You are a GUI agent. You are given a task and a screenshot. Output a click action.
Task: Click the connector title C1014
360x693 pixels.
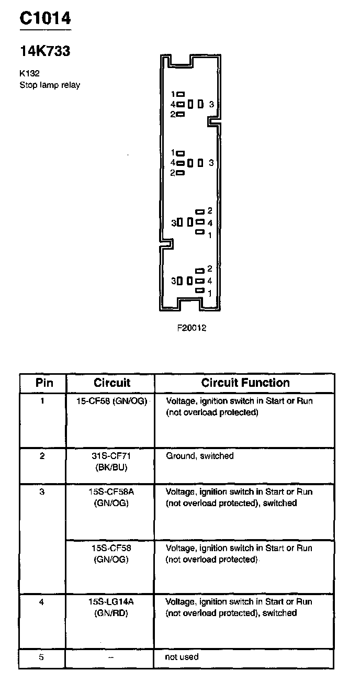[x=45, y=18]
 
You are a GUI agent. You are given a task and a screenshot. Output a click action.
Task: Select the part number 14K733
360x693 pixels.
[x=45, y=51]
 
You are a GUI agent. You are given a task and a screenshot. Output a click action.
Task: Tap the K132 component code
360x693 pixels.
[x=30, y=74]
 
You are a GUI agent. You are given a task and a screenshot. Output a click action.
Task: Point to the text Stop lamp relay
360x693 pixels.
[x=50, y=85]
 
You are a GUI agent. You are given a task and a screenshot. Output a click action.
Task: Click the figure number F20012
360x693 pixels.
[x=192, y=328]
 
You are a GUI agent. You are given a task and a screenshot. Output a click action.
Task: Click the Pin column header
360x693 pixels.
[x=44, y=383]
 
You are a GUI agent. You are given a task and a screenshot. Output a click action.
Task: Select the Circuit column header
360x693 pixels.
[x=111, y=383]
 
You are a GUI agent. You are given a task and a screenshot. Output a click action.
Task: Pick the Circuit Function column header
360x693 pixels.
[x=245, y=383]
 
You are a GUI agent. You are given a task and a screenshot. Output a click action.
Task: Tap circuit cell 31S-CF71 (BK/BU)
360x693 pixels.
[x=111, y=461]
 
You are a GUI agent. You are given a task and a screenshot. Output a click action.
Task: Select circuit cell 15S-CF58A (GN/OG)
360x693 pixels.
[x=111, y=497]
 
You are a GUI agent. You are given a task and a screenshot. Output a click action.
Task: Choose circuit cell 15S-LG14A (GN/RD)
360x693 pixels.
[x=111, y=607]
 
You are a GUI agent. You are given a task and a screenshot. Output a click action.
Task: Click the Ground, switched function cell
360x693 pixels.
[x=199, y=456]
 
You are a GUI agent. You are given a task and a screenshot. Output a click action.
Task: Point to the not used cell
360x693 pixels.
[x=182, y=657]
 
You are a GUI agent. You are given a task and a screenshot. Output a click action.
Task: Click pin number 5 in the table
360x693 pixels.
[x=42, y=657]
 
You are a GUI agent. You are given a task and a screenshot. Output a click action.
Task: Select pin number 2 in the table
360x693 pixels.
[x=42, y=456]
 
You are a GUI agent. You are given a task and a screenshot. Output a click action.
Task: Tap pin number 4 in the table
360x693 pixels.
[x=42, y=602]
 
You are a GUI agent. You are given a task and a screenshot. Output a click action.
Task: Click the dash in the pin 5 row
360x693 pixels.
[x=110, y=657]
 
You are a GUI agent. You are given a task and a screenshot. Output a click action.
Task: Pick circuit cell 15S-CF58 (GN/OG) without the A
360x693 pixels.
[x=111, y=554]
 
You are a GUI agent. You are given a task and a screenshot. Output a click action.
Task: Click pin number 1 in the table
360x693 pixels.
[x=42, y=401]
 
